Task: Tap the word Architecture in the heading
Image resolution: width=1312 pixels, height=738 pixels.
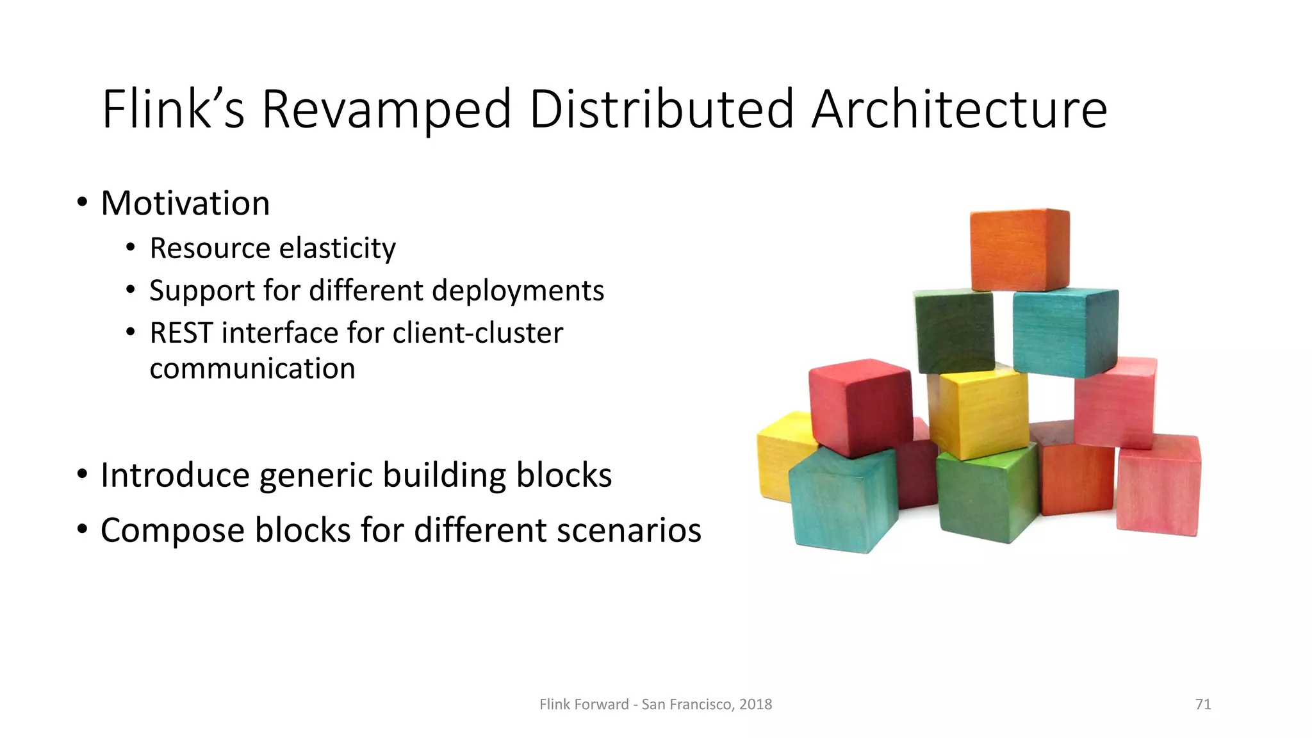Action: (x=959, y=110)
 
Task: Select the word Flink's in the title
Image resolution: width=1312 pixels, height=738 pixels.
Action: (x=173, y=110)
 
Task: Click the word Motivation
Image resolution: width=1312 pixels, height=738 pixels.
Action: (x=185, y=204)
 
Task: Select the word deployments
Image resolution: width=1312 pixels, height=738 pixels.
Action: (x=518, y=291)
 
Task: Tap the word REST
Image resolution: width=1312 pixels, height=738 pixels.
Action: (x=181, y=333)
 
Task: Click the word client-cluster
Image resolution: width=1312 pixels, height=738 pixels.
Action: (x=477, y=333)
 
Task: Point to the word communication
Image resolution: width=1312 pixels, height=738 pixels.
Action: (x=252, y=369)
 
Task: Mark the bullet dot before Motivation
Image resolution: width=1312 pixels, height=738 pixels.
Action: (x=82, y=203)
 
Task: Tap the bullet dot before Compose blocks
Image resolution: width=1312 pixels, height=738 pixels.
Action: (x=82, y=530)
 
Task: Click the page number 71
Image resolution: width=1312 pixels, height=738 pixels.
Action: (x=1203, y=705)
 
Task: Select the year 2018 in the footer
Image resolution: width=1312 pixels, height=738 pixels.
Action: (x=755, y=705)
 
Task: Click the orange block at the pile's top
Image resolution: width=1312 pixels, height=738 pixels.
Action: (x=1019, y=250)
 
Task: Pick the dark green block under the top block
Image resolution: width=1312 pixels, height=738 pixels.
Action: (x=954, y=331)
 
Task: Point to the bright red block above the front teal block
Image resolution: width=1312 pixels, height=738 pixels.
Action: (x=860, y=407)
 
